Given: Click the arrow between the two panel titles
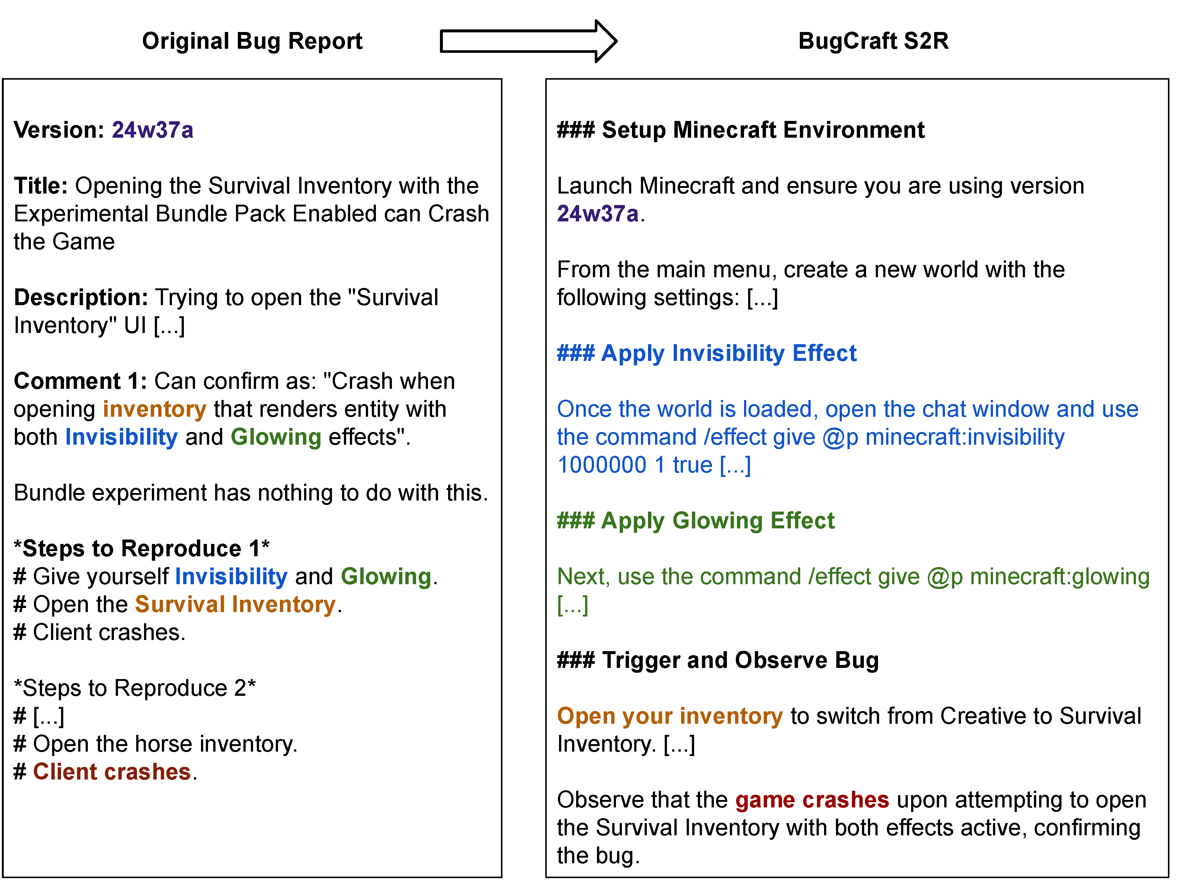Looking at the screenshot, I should [x=528, y=41].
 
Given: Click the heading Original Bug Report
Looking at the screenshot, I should [x=252, y=41].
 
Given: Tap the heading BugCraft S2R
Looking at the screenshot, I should [x=873, y=41].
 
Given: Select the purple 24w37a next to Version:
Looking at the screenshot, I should [x=152, y=130].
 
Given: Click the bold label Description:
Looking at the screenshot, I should [x=81, y=298].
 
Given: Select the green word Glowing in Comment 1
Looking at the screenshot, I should [x=276, y=438].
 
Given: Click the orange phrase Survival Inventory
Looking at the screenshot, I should [x=235, y=605].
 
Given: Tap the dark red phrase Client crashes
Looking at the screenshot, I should [x=112, y=772].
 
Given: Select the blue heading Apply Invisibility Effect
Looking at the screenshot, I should [x=706, y=353].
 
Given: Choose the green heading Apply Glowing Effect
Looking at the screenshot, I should [x=696, y=521].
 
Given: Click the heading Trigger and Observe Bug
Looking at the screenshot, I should [x=718, y=660].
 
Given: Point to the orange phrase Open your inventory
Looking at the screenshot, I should [x=670, y=716].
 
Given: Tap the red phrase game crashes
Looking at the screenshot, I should [x=812, y=800].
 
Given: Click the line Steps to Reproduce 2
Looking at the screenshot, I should [x=135, y=688].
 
